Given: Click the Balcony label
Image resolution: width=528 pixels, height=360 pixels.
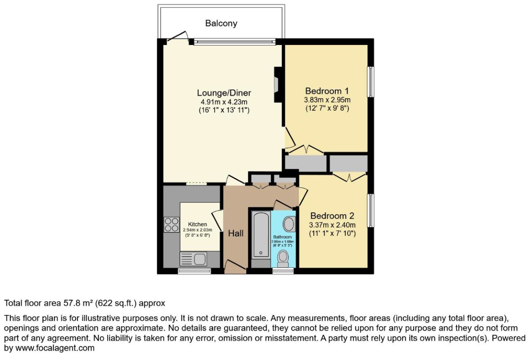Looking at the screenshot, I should pyautogui.click(x=221, y=23).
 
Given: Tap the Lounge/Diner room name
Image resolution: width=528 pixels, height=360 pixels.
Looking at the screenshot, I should pyautogui.click(x=224, y=93).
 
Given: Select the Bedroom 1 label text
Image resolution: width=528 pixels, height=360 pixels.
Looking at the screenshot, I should pyautogui.click(x=327, y=90).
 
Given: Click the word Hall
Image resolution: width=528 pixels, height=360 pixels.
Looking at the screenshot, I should pyautogui.click(x=236, y=233).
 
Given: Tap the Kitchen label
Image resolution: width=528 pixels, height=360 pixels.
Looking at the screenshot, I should pyautogui.click(x=197, y=224).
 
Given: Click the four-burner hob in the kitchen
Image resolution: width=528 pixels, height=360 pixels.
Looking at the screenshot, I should pyautogui.click(x=171, y=224).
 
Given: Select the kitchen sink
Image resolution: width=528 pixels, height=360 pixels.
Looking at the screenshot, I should pyautogui.click(x=193, y=259).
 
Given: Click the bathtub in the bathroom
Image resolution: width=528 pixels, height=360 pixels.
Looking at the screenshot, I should pyautogui.click(x=260, y=234).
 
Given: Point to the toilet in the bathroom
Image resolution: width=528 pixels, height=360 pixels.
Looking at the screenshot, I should pyautogui.click(x=283, y=258).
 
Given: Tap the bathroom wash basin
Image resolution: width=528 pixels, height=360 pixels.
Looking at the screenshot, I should pyautogui.click(x=289, y=224).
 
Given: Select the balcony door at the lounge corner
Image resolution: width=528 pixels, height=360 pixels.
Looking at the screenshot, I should pyautogui.click(x=178, y=37).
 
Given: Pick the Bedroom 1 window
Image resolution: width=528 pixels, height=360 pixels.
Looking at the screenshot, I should pyautogui.click(x=371, y=81).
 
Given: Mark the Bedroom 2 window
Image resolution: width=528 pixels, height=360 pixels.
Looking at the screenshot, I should pyautogui.click(x=371, y=210).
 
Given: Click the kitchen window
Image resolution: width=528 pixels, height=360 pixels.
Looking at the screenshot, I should pyautogui.click(x=194, y=271).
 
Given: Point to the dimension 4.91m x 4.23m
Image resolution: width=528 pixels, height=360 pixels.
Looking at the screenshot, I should pyautogui.click(x=224, y=102).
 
